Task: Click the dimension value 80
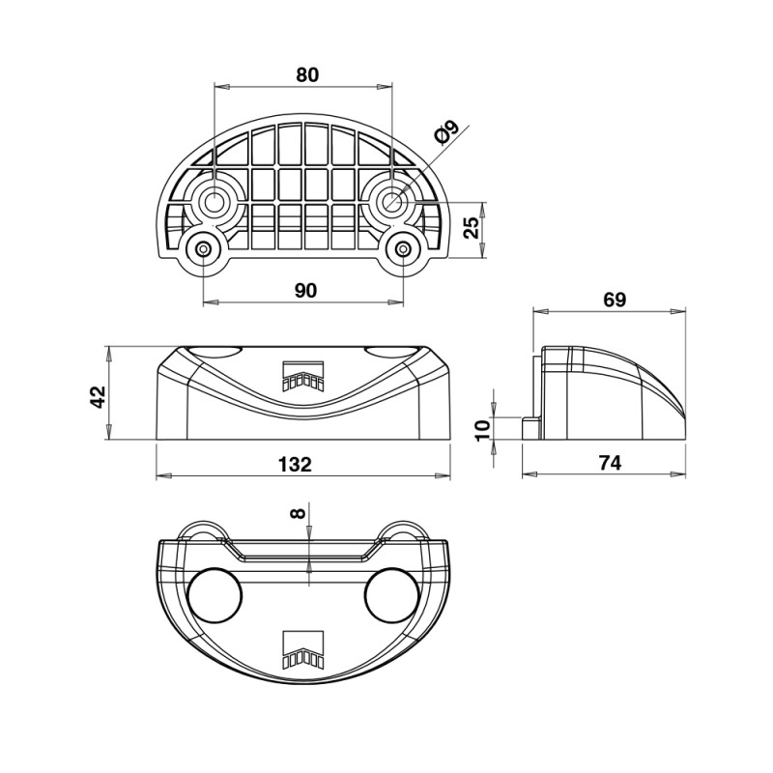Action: [307, 75]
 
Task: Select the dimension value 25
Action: [472, 227]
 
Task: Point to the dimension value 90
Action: [305, 291]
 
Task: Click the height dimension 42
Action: [99, 397]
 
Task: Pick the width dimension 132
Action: [295, 464]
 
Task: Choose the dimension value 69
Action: [615, 300]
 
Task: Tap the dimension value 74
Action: [610, 463]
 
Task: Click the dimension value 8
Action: [298, 513]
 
